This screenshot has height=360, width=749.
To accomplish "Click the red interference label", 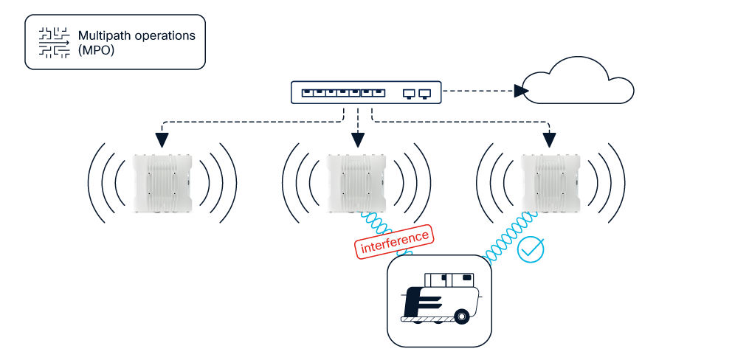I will [x=394, y=243].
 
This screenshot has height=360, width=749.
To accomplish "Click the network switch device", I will [x=366, y=93].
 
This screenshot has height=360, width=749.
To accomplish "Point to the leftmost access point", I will [x=163, y=183].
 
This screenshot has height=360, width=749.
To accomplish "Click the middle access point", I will [x=357, y=183].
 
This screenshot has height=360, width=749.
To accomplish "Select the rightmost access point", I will [x=550, y=183].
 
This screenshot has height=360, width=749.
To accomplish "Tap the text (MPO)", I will [x=96, y=51].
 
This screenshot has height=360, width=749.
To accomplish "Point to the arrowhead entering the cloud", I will [x=522, y=91].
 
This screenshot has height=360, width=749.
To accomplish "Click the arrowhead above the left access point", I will [x=162, y=139].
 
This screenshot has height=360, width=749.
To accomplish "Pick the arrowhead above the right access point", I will [x=550, y=139].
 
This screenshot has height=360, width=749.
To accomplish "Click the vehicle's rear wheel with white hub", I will [x=462, y=317].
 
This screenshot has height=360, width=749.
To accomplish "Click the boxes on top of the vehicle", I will [x=449, y=279].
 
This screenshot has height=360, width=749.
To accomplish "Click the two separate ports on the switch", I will [x=417, y=94].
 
